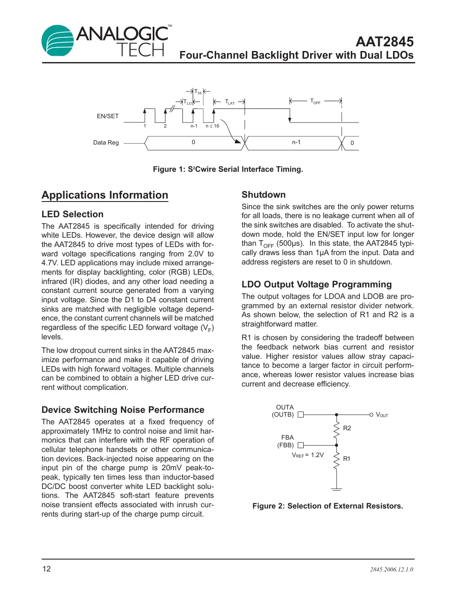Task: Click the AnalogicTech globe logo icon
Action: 58,41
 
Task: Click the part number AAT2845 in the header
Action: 385,42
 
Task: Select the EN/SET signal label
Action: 108,116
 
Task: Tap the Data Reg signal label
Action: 106,142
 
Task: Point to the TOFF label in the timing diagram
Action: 315,101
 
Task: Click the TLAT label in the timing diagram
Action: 230,102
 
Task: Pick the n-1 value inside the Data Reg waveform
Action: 296,142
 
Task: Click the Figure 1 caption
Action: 228,169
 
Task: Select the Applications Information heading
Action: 105,195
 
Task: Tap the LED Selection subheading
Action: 72,214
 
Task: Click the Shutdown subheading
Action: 263,195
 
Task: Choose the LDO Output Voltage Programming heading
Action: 316,284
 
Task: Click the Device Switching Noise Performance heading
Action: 123,410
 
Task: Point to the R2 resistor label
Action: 347,428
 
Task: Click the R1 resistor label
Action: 347,459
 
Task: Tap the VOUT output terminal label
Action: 382,415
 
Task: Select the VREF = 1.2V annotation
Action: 308,455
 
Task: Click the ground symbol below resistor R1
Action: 336,490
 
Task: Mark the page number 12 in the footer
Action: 46,569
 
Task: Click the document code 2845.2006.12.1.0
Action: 391,569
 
